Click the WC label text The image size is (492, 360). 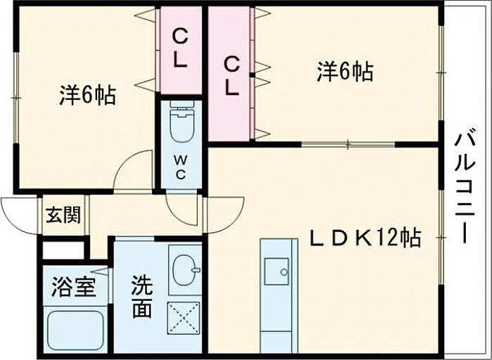180,168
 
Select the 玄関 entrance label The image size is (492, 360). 63,214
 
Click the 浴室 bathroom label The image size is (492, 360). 73,287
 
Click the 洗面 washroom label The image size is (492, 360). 142,297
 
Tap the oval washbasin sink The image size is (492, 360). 185,270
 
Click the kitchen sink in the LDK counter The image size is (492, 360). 276,271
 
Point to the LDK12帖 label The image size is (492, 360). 365,238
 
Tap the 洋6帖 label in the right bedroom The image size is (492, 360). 345,72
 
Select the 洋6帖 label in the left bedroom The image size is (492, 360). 88,95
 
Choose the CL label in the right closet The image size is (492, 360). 231,77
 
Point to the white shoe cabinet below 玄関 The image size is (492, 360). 64,250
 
